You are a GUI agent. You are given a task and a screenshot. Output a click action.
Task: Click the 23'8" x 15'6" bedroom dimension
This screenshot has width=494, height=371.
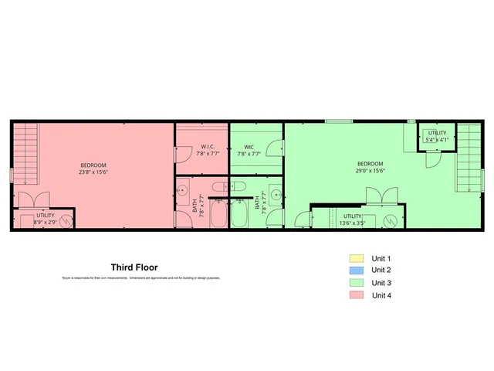tap(93, 173)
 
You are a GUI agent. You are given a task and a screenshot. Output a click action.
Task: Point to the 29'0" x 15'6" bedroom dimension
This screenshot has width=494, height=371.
tap(370, 171)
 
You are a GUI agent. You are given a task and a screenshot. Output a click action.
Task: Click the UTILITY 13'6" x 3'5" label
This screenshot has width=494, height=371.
tap(354, 220)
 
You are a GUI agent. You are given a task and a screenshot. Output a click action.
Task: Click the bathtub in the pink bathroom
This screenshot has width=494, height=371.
tap(218, 213)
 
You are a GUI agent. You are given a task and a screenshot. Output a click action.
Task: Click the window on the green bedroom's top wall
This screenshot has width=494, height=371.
tap(336, 121)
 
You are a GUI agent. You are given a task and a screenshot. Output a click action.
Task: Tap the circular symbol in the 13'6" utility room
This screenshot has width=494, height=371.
tap(391, 221)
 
